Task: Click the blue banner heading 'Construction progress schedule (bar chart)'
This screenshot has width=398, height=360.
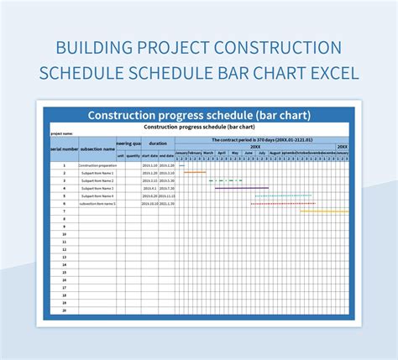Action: tap(200, 114)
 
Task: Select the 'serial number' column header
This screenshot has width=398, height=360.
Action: tap(64, 148)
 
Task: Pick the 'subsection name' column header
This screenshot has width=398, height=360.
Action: tap(97, 148)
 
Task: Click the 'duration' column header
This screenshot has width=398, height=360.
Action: tap(158, 143)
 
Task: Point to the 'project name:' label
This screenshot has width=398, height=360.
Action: tap(62, 133)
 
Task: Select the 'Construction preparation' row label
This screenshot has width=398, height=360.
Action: tap(97, 165)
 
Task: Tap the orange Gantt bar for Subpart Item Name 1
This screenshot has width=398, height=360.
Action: tap(195, 173)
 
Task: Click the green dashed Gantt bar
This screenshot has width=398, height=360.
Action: tap(225, 180)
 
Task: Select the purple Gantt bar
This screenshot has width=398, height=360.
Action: tap(242, 188)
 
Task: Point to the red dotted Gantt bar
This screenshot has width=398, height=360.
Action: tap(284, 203)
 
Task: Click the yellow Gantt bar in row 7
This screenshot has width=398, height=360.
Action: tap(324, 211)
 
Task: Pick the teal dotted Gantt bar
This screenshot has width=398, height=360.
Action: tap(284, 196)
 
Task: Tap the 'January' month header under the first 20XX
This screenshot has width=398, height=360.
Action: tap(181, 153)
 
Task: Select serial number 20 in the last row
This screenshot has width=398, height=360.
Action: tap(64, 310)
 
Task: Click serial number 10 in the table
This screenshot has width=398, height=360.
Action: tap(64, 234)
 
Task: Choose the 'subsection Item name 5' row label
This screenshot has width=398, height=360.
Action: tap(97, 203)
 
